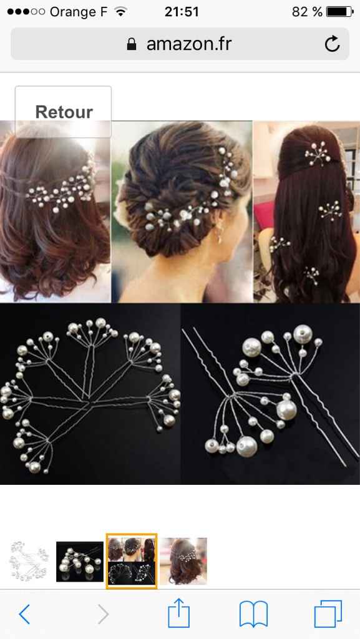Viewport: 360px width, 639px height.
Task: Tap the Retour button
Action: point(63,112)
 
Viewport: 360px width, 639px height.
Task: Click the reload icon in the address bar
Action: point(332,44)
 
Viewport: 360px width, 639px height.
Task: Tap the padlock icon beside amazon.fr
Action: point(132,44)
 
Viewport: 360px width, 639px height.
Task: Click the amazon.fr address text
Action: point(188,44)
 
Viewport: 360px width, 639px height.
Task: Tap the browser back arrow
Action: point(24,615)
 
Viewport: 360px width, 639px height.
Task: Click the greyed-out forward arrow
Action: point(103,615)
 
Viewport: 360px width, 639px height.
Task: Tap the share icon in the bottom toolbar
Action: point(179,613)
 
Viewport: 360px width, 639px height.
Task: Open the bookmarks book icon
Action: point(253,614)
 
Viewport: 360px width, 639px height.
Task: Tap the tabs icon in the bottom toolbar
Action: point(328,614)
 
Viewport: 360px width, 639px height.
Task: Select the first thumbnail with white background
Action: point(29,561)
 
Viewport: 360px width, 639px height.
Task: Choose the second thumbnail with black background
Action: point(80,561)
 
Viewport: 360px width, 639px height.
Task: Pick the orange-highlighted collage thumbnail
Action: point(131,561)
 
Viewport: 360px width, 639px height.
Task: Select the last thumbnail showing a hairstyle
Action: point(183,561)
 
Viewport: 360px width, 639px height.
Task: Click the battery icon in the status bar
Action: point(339,12)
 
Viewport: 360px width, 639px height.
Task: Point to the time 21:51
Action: point(182,12)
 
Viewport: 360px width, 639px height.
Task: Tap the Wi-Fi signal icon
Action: point(121,12)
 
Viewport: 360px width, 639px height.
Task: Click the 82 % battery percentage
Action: point(307,12)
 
